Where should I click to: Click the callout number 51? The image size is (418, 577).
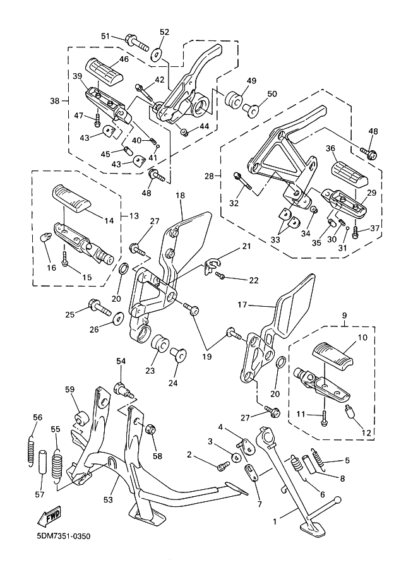pos(105,37)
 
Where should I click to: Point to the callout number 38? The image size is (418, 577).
pos(56,100)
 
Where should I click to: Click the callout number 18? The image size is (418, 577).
pos(180,196)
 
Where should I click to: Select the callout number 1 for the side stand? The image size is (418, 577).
pos(274,521)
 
